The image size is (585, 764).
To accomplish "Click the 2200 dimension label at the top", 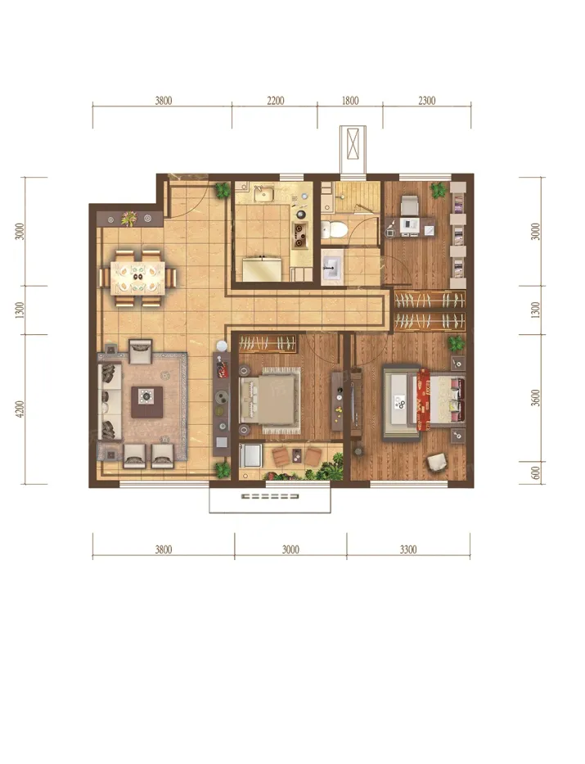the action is pos(275,101).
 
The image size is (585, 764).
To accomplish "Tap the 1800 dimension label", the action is pos(350,101).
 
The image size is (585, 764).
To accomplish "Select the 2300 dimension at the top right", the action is pos(427,101).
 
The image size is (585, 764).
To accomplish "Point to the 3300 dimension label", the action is pos(408,549).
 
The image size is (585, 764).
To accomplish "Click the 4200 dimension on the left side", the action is pos(20,409).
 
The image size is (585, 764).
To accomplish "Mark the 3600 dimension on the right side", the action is pos(536,398).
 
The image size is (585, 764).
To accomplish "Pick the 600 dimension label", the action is pos(536,473).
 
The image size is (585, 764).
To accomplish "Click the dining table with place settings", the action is pos(138,278).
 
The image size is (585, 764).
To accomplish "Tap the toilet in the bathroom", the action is pos(334,228).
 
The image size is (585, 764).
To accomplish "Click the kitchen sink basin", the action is pos(263,194).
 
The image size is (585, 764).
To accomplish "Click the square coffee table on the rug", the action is pos(147,401).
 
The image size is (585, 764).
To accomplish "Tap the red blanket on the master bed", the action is pos(424,399).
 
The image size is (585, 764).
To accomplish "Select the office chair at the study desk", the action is pos(410,205).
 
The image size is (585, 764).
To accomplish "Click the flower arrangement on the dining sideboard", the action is pos(129,219).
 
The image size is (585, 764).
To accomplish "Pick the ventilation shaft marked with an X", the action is pos(353,143).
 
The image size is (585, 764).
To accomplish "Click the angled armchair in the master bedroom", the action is pos(437,462).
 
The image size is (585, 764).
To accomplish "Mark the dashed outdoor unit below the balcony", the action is pos(270,496).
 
